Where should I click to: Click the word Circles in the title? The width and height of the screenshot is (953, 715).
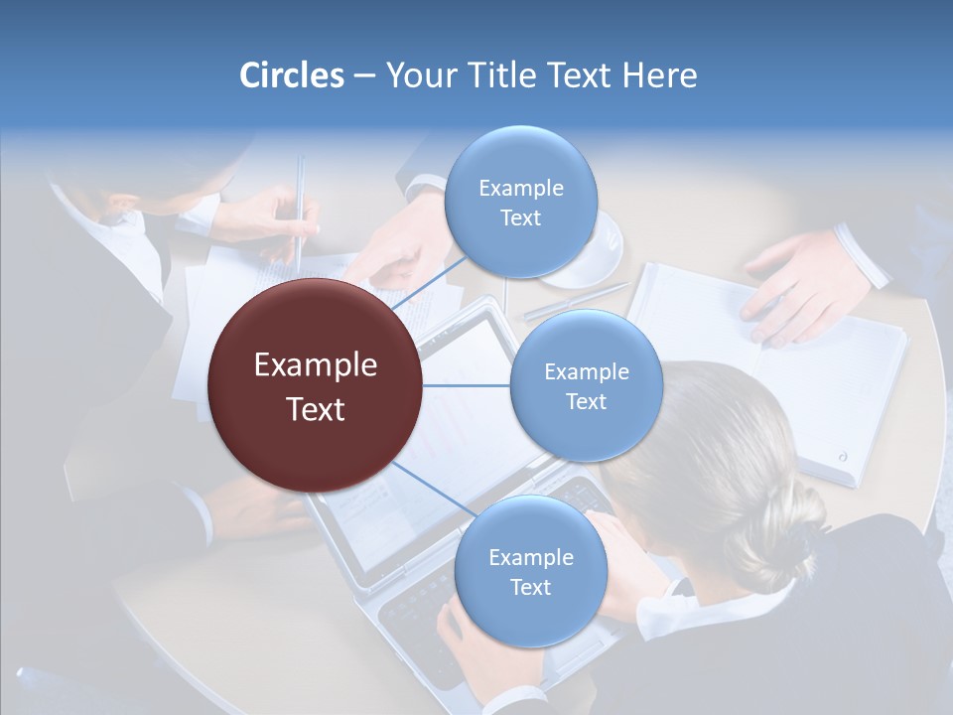tap(291, 74)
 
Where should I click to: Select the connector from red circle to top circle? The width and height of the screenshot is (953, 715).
tap(429, 282)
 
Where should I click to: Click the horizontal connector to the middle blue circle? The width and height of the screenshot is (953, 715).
tap(467, 385)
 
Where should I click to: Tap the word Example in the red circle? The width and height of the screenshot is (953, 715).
tap(315, 365)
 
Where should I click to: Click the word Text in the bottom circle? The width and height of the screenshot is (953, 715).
tap(530, 587)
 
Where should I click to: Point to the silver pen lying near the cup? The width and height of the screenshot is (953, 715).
tap(576, 301)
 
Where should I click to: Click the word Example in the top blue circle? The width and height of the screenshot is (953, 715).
tap(520, 188)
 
